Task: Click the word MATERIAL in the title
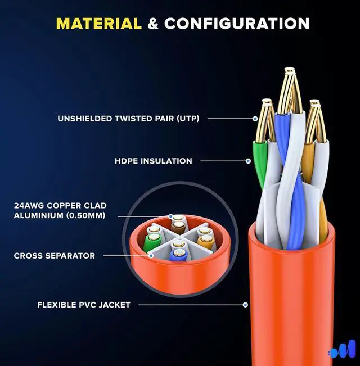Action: [x=98, y=24]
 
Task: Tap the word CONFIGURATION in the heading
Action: [x=237, y=24]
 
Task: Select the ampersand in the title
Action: [x=152, y=24]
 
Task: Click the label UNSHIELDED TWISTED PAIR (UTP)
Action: [x=128, y=119]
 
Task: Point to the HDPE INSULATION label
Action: [x=154, y=161]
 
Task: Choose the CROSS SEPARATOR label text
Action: [x=54, y=256]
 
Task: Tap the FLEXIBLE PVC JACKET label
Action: [x=84, y=305]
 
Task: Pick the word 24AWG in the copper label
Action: [x=28, y=206]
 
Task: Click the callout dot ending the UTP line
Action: [x=255, y=119]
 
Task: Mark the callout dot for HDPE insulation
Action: [x=248, y=161]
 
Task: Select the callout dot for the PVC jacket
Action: [x=245, y=305]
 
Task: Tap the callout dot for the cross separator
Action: [x=151, y=255]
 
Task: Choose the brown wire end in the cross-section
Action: [x=178, y=227]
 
